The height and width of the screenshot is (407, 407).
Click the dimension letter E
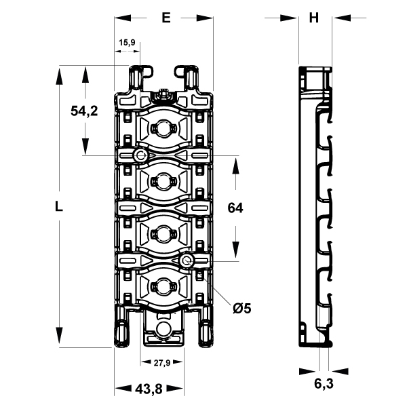tap(166, 18)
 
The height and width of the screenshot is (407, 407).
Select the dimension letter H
tap(313, 18)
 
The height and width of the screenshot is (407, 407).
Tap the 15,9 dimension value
tap(127, 43)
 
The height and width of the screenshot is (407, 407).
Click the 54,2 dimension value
tap(85, 111)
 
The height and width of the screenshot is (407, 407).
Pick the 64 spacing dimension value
tap(235, 209)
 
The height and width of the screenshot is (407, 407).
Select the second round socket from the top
tap(163, 181)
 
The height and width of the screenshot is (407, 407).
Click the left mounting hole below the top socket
tap(140, 156)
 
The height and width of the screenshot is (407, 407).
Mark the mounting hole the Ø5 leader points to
tap(187, 261)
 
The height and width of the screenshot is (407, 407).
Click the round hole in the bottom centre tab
tap(163, 329)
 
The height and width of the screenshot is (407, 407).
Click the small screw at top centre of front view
tap(163, 94)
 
